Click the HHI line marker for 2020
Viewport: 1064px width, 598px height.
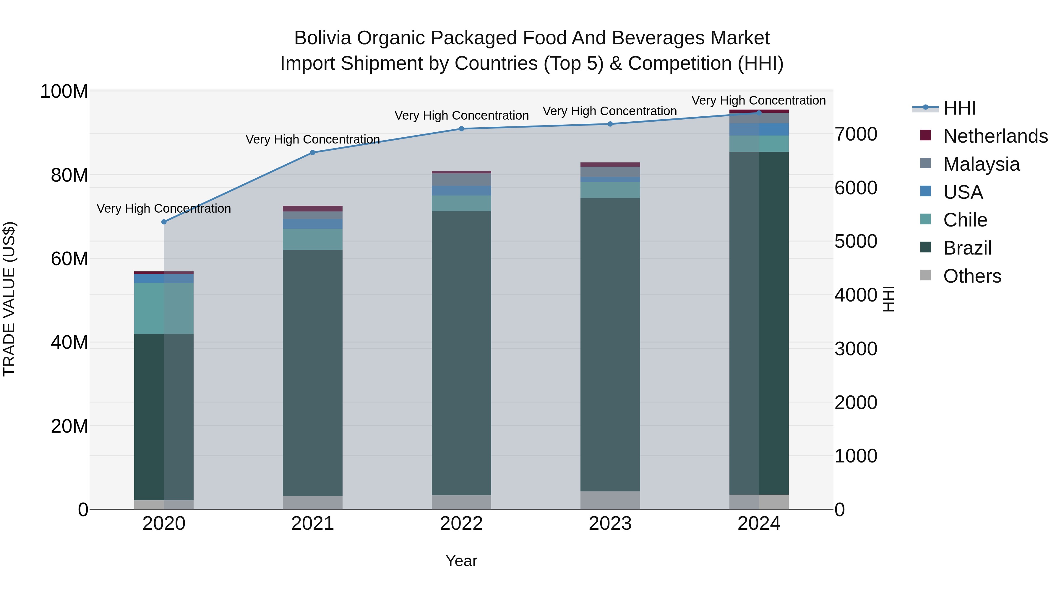[164, 222]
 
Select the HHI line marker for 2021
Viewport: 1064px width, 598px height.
[313, 153]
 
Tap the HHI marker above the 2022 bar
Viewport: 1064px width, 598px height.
[461, 129]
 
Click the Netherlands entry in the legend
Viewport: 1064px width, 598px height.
[995, 136]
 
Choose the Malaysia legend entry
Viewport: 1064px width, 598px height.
[981, 164]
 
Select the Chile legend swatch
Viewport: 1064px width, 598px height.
[926, 219]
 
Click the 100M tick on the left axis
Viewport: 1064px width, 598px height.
[64, 92]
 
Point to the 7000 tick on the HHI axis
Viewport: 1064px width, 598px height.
[856, 135]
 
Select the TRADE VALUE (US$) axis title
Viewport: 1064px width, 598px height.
[9, 299]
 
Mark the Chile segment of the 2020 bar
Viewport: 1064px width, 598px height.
[164, 308]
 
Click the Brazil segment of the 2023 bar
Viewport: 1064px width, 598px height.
[610, 345]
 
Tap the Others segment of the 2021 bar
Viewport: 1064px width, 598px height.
[313, 503]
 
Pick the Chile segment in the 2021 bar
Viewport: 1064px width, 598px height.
[313, 239]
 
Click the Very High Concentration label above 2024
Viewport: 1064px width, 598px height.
[758, 101]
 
